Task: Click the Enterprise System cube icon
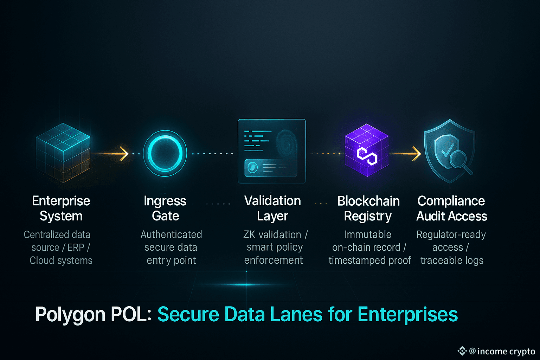tap(63, 153)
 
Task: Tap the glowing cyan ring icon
tap(165, 154)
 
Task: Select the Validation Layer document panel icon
tap(272, 151)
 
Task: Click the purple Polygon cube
tap(367, 150)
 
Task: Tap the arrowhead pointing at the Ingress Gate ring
tap(124, 154)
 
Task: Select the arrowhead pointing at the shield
tap(416, 154)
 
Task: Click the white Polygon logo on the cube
tap(367, 156)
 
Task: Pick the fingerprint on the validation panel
tap(287, 143)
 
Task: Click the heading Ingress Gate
tap(165, 208)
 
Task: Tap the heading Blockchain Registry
tap(368, 208)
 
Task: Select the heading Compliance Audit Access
tap(451, 208)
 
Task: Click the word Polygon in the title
tap(70, 315)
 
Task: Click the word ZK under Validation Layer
tap(249, 234)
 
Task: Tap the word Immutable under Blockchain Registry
tap(368, 234)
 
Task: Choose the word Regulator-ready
tap(451, 234)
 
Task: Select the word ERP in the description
tap(76, 247)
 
